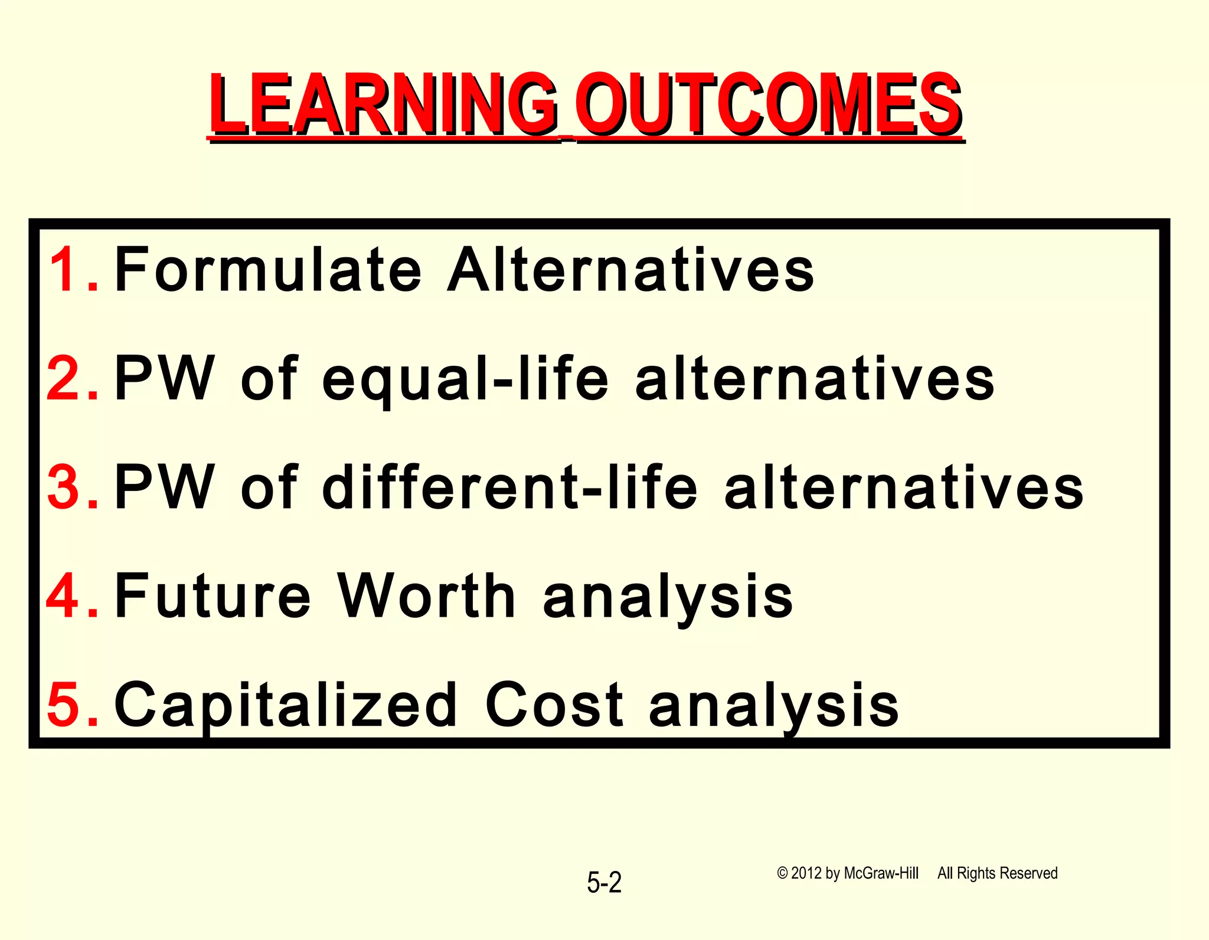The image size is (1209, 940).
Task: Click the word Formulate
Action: point(268,270)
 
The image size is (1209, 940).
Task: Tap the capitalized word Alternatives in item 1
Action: point(630,270)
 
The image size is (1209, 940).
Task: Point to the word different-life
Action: point(510,487)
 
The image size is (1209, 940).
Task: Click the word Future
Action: point(213,596)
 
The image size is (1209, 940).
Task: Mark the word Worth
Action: point(426,596)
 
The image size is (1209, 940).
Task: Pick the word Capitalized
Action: point(286,706)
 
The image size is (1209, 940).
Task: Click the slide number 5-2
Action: point(604,883)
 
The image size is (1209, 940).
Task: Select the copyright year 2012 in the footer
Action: point(806,873)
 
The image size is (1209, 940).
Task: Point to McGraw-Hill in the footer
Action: point(881,873)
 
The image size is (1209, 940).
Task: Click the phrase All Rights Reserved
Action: point(997,873)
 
